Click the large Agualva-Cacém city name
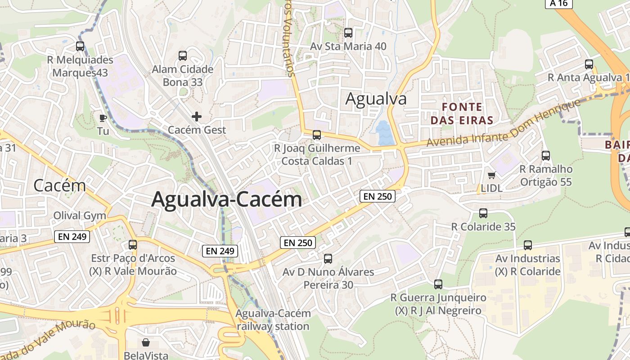(x=226, y=199)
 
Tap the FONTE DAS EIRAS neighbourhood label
(x=462, y=113)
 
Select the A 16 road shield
(x=559, y=4)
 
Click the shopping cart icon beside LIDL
(x=491, y=175)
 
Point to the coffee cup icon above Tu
(x=103, y=118)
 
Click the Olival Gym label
(x=80, y=216)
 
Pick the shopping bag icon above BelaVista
(x=145, y=342)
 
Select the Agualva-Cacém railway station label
(x=273, y=319)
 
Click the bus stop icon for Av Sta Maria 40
(x=348, y=33)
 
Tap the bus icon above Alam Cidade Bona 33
(x=182, y=56)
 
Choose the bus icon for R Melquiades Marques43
(x=80, y=46)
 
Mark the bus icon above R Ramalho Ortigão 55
(x=546, y=156)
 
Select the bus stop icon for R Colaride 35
(x=483, y=213)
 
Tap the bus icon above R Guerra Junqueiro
(x=438, y=284)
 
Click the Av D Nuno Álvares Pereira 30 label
(x=328, y=278)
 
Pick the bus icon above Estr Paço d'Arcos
(x=133, y=245)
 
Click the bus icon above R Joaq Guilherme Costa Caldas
(x=317, y=135)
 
